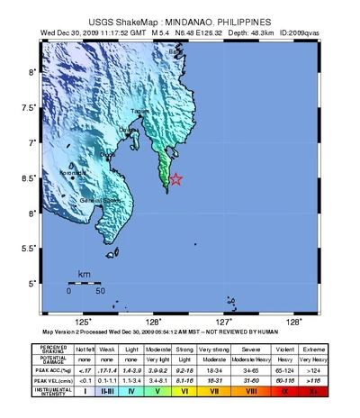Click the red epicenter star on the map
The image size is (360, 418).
tap(176, 179)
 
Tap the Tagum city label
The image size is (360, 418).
tap(139, 111)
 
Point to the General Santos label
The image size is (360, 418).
tap(101, 200)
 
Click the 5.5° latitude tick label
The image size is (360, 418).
tap(31, 248)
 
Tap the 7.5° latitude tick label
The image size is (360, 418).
tap(31, 107)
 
